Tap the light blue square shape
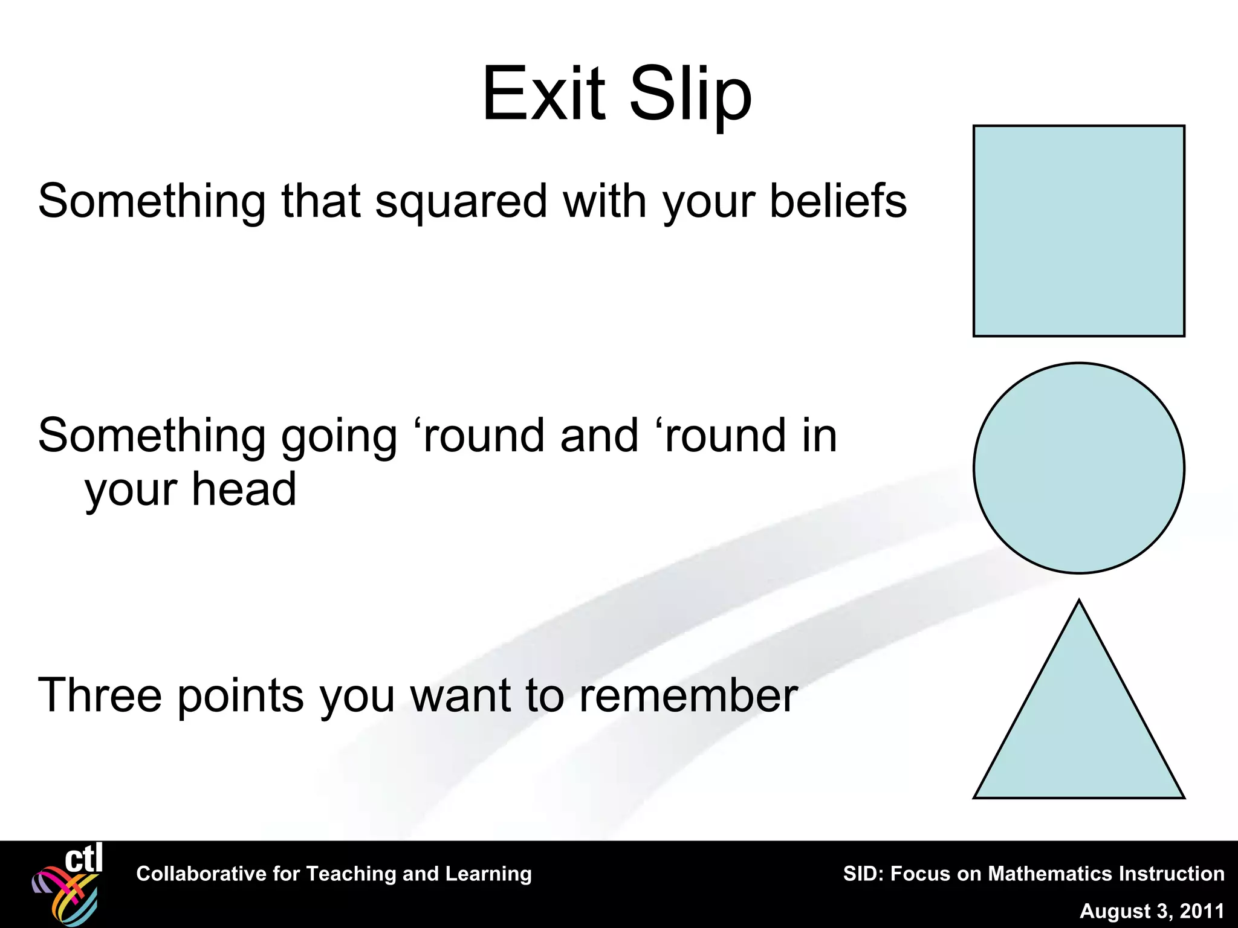tap(1078, 231)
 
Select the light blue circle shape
tap(1078, 468)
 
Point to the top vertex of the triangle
tap(1078, 602)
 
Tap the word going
tap(339, 437)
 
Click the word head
tap(244, 489)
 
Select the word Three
tap(100, 695)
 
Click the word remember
tap(688, 695)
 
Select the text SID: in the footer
tap(863, 874)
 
